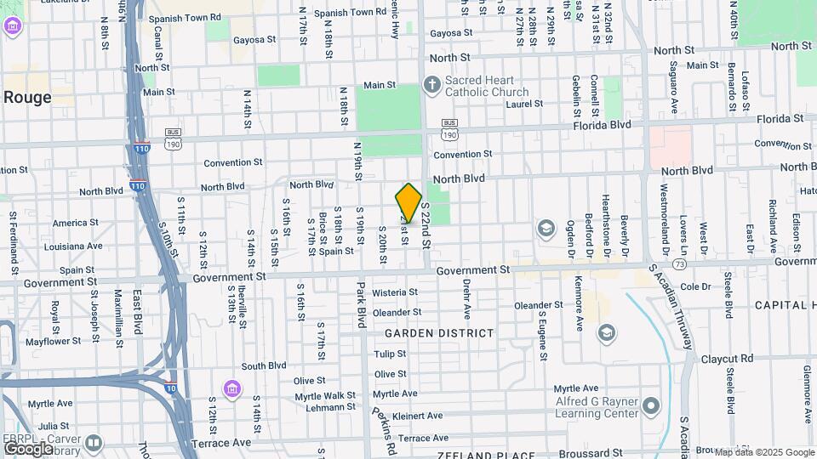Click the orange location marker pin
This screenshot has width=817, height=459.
click(x=408, y=203)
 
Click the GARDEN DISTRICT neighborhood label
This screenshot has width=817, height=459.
click(x=439, y=333)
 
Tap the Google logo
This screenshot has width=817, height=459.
click(x=28, y=447)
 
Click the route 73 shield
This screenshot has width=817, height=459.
click(x=678, y=265)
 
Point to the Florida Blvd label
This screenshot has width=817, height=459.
click(x=602, y=124)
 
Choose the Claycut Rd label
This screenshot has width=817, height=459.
click(x=728, y=359)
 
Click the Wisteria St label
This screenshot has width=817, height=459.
click(x=395, y=292)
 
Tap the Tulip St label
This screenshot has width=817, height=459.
click(x=390, y=354)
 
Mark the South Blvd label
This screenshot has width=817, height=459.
click(x=264, y=366)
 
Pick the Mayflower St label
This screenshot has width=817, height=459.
click(x=52, y=341)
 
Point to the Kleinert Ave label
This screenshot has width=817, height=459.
click(x=418, y=416)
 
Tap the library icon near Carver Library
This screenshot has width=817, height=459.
click(x=92, y=442)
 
